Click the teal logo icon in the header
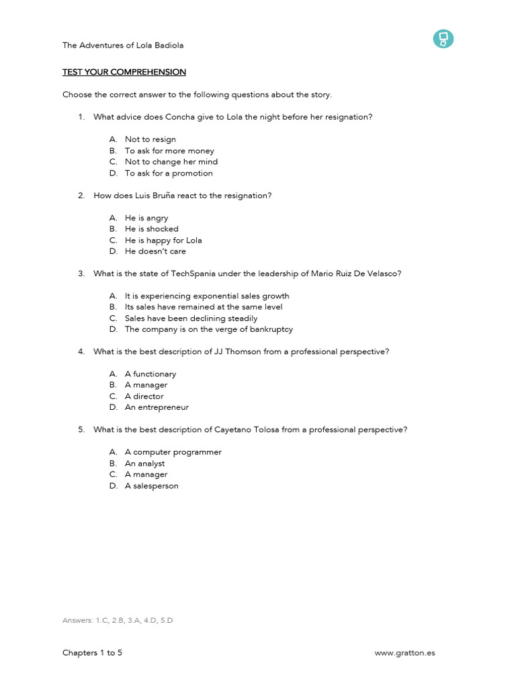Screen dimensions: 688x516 pyautogui.click(x=443, y=39)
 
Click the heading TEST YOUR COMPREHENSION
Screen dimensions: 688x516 pyautogui.click(x=124, y=72)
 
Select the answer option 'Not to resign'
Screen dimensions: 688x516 pyautogui.click(x=150, y=139)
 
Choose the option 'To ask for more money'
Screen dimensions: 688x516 pyautogui.click(x=169, y=150)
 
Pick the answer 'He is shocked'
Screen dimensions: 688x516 pyautogui.click(x=151, y=228)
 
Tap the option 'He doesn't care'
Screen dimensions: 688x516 pyautogui.click(x=155, y=251)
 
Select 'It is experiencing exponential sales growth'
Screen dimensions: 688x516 pyautogui.click(x=207, y=296)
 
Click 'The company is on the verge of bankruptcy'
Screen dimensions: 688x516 pyautogui.click(x=208, y=329)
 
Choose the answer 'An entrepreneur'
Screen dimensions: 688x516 pyautogui.click(x=157, y=407)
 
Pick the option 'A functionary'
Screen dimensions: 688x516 pyautogui.click(x=150, y=374)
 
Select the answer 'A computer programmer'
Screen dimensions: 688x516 pyautogui.click(x=173, y=452)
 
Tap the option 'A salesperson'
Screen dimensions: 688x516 pyautogui.click(x=151, y=486)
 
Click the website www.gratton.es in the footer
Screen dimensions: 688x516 pyautogui.click(x=404, y=652)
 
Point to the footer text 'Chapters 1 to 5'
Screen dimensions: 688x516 pyautogui.click(x=92, y=652)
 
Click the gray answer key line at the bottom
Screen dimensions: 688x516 pyautogui.click(x=118, y=620)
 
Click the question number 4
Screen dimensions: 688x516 pyautogui.click(x=81, y=351)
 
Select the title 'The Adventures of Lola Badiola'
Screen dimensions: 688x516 pyautogui.click(x=123, y=45)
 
